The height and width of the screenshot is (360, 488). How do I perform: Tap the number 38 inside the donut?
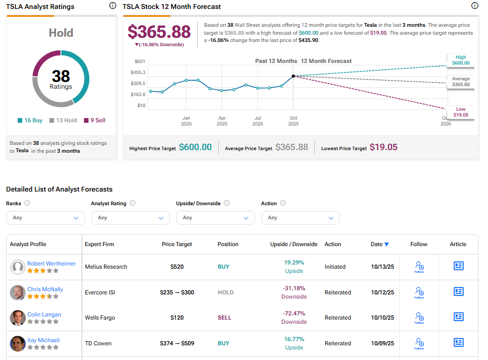click(x=61, y=77)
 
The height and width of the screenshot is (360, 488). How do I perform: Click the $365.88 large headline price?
click(x=159, y=31)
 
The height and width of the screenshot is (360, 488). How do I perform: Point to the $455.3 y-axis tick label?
click(x=138, y=72)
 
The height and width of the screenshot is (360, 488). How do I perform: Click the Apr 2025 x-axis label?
click(x=222, y=121)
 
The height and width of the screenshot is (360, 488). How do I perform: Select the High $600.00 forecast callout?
click(x=461, y=60)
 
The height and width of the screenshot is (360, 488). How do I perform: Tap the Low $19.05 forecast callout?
click(x=461, y=112)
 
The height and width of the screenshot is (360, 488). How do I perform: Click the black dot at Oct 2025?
click(x=293, y=76)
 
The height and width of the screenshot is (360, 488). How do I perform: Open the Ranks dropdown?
click(x=46, y=218)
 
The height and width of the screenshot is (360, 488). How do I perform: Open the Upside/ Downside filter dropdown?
click(x=215, y=218)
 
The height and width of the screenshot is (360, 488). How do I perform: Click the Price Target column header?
click(x=177, y=244)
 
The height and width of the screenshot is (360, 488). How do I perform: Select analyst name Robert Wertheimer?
click(x=51, y=263)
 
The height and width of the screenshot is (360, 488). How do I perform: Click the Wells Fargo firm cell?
click(x=100, y=317)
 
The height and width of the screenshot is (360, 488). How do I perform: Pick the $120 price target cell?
click(x=177, y=317)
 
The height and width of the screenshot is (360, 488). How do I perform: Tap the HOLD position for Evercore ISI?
click(x=226, y=292)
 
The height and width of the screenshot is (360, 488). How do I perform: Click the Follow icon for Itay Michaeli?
click(x=419, y=343)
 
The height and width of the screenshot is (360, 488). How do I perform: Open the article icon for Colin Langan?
click(x=458, y=317)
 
